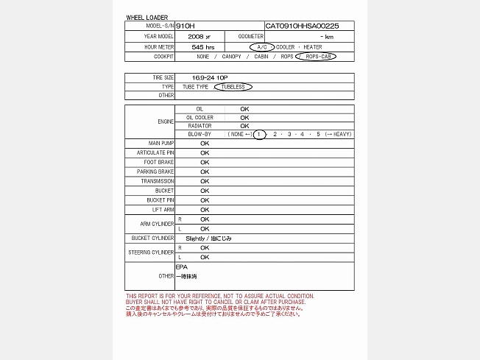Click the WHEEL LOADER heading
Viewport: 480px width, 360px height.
tap(147, 17)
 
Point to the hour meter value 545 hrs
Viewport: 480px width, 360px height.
tap(202, 46)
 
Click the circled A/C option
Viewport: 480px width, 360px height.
tap(261, 46)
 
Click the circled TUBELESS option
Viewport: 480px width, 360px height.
tap(233, 86)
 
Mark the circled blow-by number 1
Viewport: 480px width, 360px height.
tap(259, 134)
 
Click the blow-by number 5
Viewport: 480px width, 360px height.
tap(318, 134)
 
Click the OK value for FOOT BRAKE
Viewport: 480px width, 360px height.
tap(205, 162)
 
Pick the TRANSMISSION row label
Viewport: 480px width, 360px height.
tap(158, 181)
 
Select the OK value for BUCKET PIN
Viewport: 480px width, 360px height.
tap(205, 200)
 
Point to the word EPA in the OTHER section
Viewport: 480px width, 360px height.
tap(181, 267)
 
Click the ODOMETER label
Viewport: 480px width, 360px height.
tap(250, 36)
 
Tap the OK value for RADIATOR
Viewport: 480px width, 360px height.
tap(244, 126)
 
